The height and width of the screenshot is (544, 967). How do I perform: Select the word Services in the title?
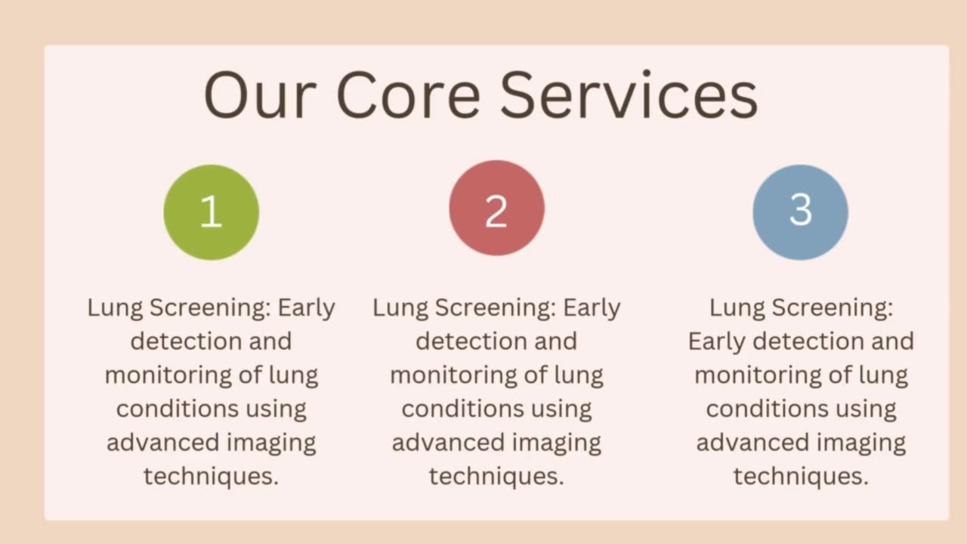(x=629, y=96)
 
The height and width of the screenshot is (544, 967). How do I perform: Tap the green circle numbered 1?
(x=212, y=212)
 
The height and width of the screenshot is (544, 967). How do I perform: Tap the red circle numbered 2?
(x=496, y=208)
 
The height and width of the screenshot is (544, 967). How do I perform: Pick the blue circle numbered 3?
(x=800, y=212)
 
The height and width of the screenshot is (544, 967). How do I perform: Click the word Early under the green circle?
(x=307, y=308)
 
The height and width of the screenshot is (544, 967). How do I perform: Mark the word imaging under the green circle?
(x=276, y=442)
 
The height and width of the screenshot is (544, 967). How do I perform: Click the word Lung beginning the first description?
(x=115, y=308)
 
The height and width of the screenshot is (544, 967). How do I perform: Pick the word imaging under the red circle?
(x=561, y=442)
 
